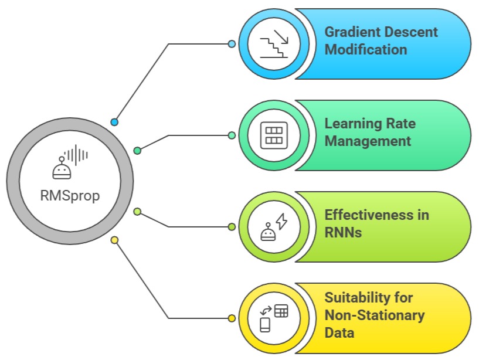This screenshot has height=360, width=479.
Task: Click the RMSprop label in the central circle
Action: [70, 195]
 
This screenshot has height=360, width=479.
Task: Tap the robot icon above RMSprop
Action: [62, 169]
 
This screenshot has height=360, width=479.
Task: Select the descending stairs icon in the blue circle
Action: [273, 44]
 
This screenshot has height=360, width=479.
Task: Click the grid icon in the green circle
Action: [273, 135]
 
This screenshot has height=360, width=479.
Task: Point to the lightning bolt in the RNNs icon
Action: [281, 221]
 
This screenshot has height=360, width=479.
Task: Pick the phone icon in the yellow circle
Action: [265, 324]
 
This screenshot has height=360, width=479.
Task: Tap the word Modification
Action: [366, 49]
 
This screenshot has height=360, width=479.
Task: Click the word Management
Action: [368, 141]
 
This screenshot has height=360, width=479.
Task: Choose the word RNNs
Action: [343, 232]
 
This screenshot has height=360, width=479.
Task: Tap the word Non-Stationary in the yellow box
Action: [374, 315]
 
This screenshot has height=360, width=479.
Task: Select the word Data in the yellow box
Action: [339, 332]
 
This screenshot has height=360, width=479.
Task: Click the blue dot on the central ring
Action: [114, 122]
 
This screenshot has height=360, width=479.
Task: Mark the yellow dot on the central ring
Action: [114, 240]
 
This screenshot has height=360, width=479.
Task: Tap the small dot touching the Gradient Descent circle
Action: [232, 44]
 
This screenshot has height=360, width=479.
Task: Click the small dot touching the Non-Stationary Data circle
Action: [232, 318]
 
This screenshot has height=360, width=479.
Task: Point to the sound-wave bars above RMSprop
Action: [77, 155]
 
